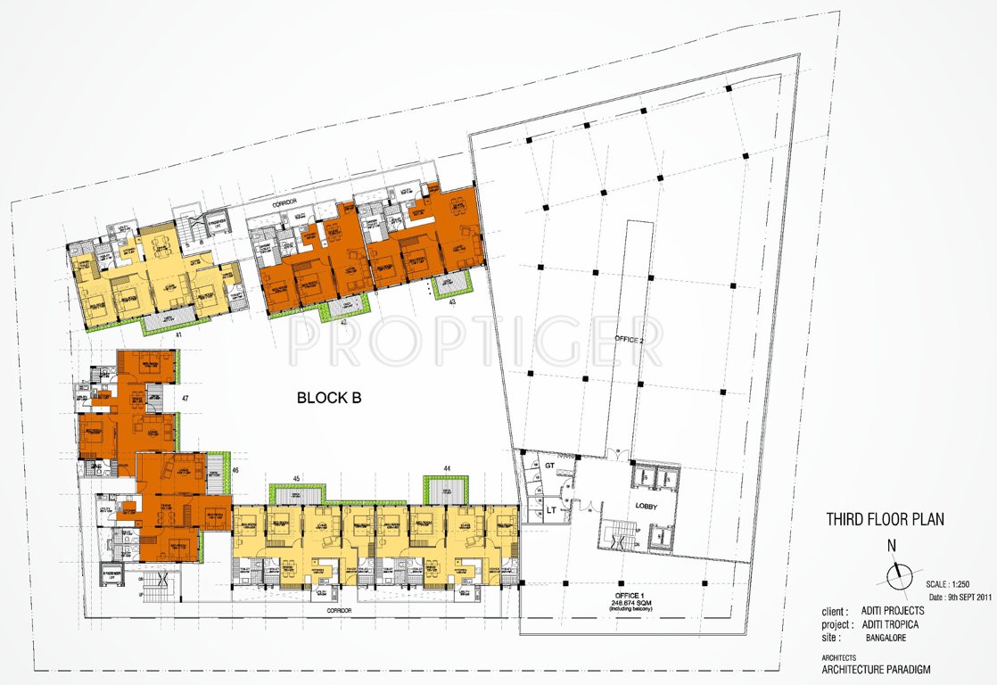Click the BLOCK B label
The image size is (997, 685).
328,399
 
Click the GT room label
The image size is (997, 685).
550,466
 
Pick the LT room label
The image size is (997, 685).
551,509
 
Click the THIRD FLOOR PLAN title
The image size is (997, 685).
885,519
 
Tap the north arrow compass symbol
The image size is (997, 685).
898,574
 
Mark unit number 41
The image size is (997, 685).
178,336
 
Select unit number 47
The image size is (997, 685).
185,397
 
